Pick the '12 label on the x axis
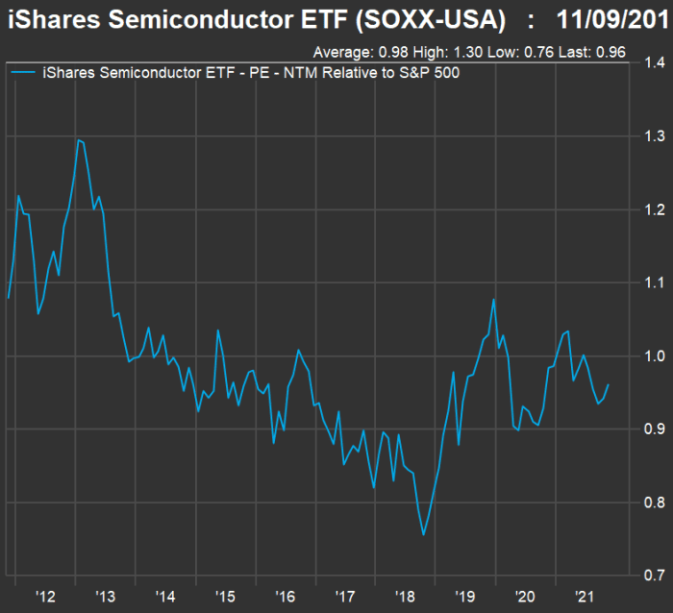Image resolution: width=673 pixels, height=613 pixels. tap(44, 596)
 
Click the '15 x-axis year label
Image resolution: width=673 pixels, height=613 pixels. tap(225, 596)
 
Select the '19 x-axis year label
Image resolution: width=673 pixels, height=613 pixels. tap(465, 596)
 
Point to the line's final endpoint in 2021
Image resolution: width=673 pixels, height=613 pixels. tap(609, 385)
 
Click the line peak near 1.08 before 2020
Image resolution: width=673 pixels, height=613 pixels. tap(494, 299)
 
